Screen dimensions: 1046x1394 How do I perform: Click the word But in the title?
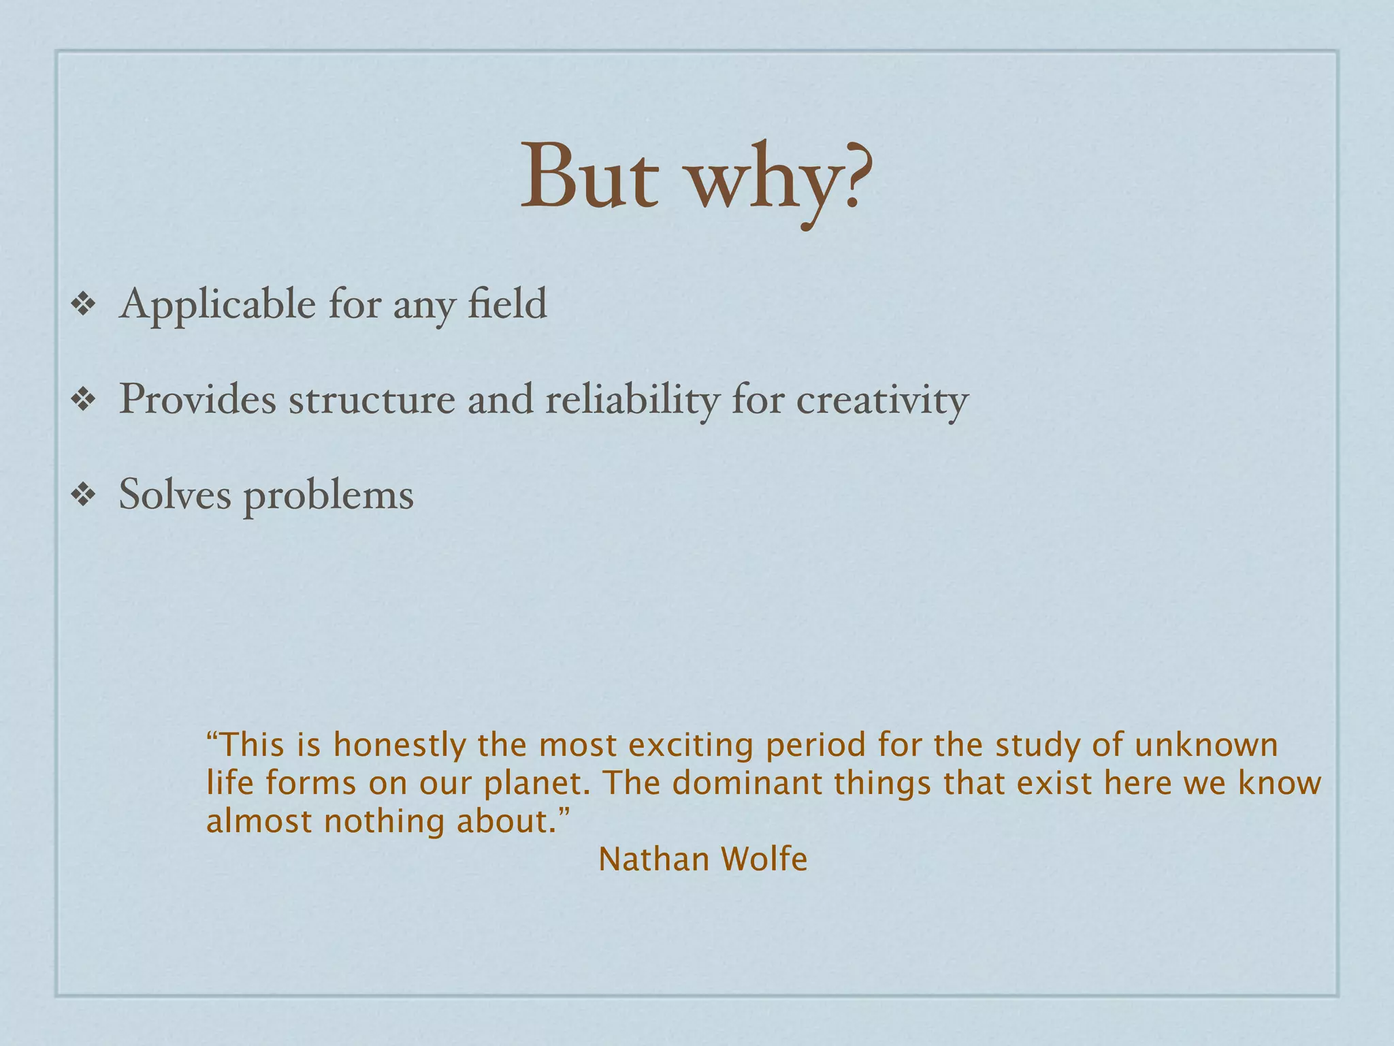click(589, 178)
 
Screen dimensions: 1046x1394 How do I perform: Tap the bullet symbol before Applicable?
click(83, 304)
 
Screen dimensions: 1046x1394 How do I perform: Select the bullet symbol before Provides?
click(83, 400)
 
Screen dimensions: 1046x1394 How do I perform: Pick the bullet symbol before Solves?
click(83, 495)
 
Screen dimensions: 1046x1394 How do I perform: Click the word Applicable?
click(217, 304)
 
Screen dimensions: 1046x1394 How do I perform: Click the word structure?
click(372, 400)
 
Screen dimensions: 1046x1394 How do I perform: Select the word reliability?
click(632, 400)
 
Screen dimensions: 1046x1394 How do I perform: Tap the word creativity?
click(882, 400)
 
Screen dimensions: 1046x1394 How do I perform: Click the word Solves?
click(175, 494)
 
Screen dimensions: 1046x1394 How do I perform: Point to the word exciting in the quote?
click(690, 745)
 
